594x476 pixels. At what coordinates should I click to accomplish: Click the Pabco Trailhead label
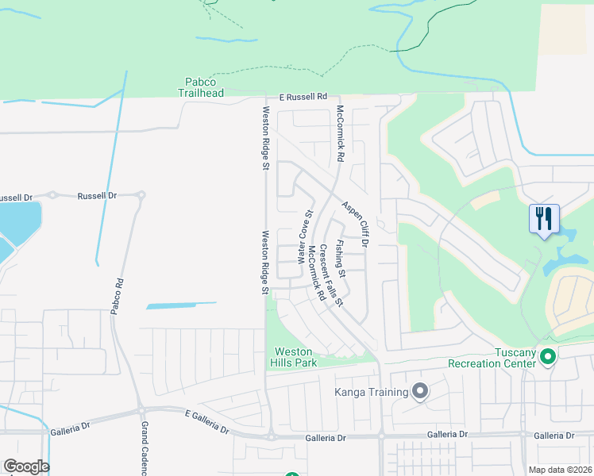click(x=200, y=86)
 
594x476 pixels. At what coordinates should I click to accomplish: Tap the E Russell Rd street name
click(x=303, y=97)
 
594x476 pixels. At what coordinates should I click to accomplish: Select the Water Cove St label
click(x=305, y=237)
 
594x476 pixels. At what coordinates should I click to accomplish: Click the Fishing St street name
click(x=340, y=258)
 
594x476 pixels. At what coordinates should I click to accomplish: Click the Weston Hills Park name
click(x=295, y=357)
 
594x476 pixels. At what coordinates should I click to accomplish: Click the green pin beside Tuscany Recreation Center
click(x=547, y=358)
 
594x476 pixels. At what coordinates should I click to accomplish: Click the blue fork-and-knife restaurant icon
click(x=544, y=218)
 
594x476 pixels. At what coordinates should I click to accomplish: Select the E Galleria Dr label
click(x=207, y=422)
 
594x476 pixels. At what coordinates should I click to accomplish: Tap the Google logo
click(x=26, y=466)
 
